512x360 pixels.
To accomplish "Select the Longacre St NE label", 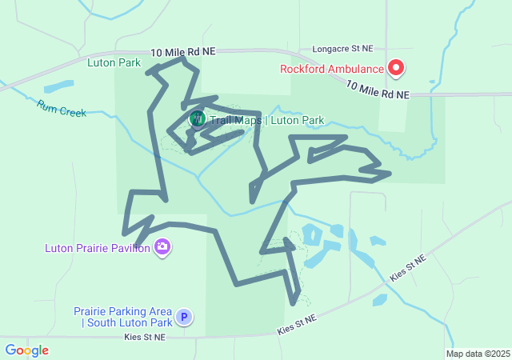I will [343, 48].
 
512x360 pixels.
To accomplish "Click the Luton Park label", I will [114, 62].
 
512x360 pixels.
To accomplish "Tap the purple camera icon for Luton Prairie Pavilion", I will [163, 247].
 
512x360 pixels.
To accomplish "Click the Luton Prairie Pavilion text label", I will [98, 248].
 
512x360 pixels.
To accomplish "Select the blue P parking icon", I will [185, 317].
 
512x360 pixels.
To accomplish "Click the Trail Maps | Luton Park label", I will [266, 121].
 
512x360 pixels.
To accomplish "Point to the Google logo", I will [26, 350].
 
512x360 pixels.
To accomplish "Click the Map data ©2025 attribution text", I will [478, 354].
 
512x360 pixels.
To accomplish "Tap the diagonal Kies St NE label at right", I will [408, 269].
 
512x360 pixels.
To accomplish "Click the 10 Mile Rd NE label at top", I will [183, 51].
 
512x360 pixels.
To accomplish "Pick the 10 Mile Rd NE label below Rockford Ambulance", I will [378, 90].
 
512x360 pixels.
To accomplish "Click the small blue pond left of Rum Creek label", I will [58, 86].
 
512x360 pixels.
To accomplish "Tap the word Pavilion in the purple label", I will [130, 248].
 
